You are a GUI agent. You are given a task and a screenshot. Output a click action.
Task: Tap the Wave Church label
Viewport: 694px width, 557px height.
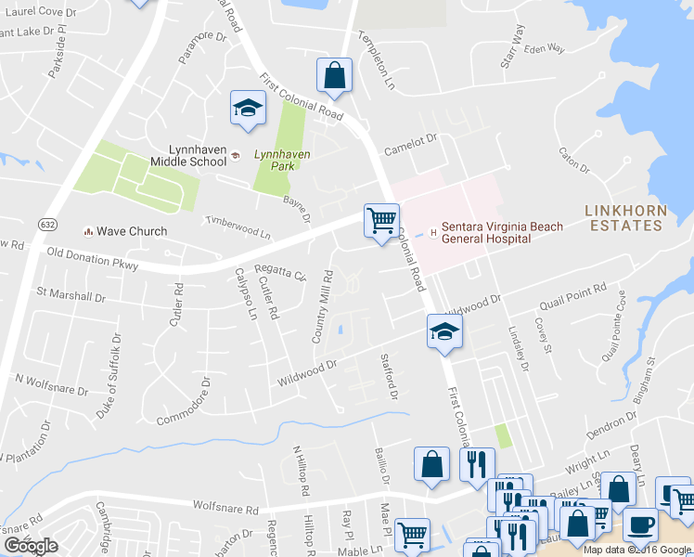[x=133, y=231]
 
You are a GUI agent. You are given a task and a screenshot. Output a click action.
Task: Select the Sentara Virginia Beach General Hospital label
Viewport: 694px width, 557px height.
[x=486, y=232]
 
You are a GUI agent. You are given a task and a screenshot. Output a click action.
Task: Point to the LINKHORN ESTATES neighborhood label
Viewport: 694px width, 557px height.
[x=625, y=217]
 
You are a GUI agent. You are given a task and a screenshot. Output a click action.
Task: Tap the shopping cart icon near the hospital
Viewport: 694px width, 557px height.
[x=381, y=221]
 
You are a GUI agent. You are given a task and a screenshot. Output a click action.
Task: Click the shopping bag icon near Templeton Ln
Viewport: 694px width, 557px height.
[x=334, y=77]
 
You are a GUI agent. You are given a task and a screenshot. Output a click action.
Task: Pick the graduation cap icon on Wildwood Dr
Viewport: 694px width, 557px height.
[x=444, y=331]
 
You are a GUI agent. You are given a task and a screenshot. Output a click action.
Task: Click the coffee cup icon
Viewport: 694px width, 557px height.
[x=639, y=524]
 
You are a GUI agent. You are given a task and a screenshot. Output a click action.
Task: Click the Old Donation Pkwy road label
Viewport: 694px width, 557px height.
[x=92, y=259]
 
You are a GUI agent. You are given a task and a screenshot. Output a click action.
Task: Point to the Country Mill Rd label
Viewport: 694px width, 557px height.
[x=322, y=307]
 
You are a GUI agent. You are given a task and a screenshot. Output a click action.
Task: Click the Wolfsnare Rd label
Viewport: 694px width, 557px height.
[x=225, y=507]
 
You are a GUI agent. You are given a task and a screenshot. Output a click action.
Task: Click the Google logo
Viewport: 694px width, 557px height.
[x=31, y=547]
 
